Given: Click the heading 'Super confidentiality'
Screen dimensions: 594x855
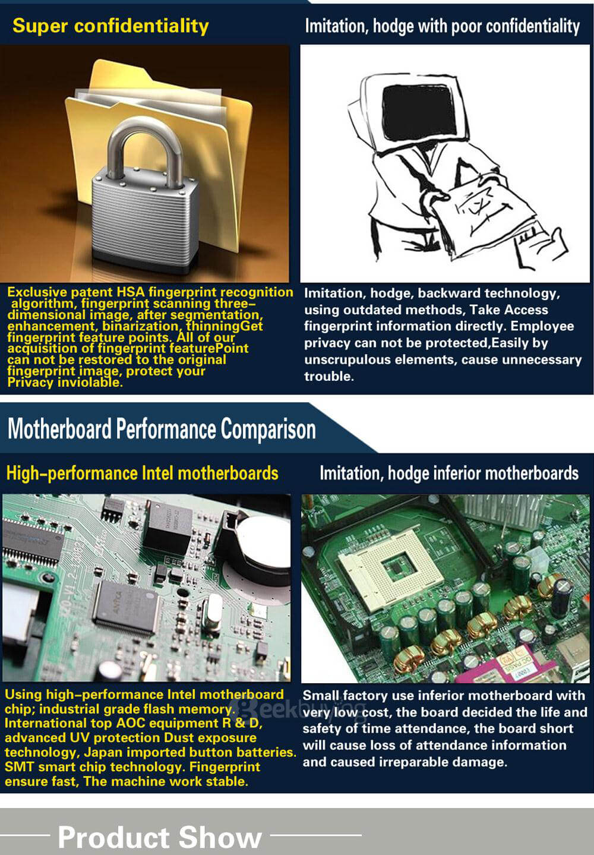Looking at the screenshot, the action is coord(110,27).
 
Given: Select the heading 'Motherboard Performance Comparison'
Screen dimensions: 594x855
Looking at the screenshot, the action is coord(162,429).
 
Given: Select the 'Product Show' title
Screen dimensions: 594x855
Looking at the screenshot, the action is coord(160,837).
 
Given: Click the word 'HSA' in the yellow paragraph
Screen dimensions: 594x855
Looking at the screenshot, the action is coord(131,292).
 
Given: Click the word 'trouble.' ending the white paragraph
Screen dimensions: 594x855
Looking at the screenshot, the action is coord(329,376).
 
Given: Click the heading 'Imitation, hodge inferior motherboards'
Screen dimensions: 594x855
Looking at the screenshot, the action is coord(449,474).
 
